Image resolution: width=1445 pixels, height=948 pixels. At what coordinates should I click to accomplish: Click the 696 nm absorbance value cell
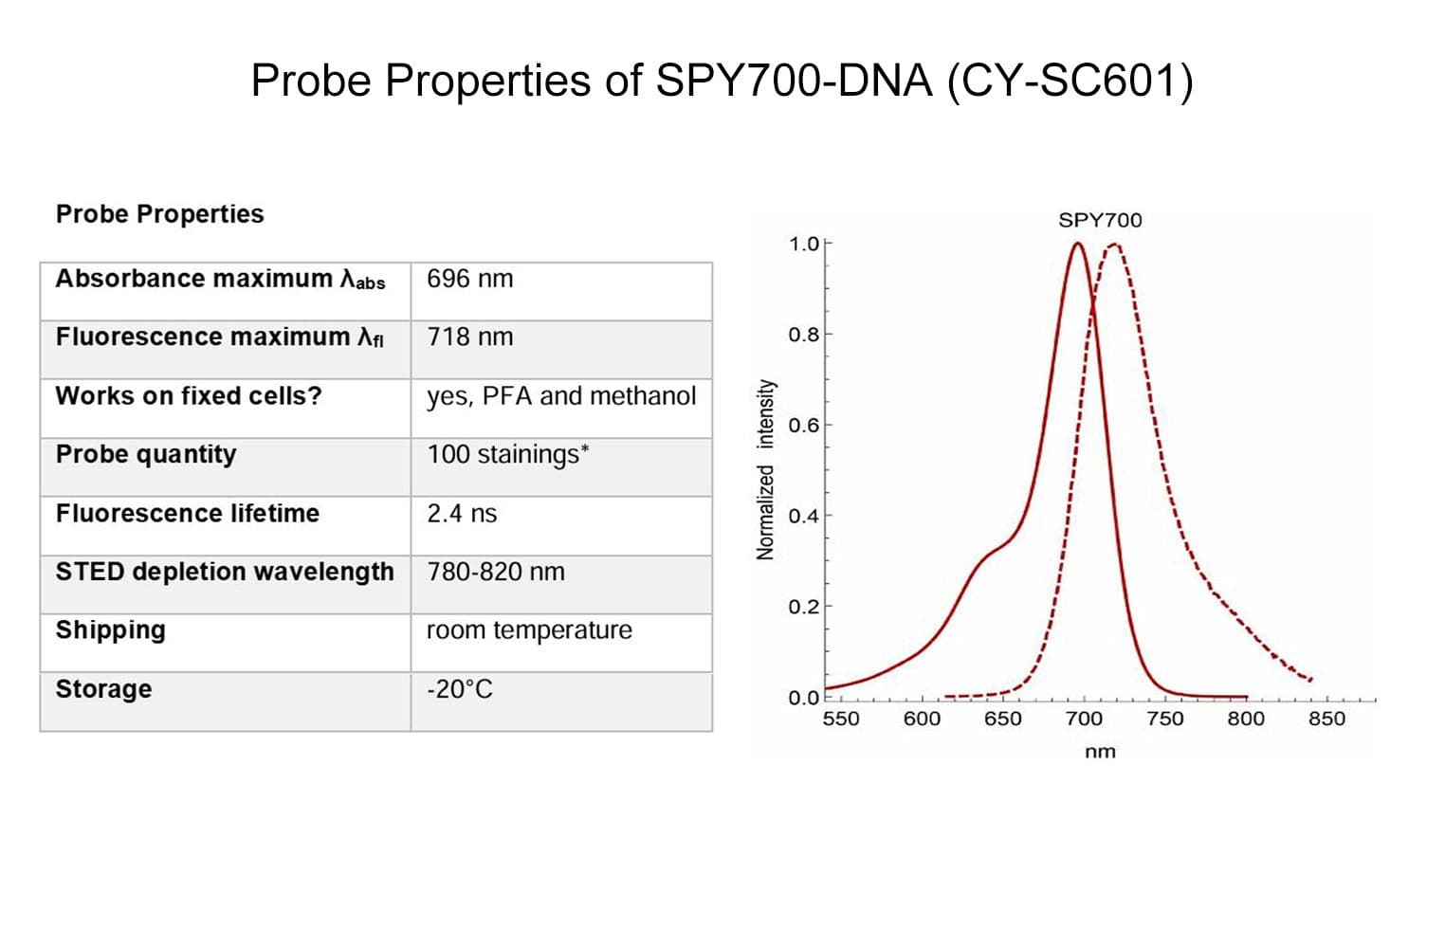pyautogui.click(x=469, y=279)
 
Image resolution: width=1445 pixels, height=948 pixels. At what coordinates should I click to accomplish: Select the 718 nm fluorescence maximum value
pyautogui.click(x=469, y=337)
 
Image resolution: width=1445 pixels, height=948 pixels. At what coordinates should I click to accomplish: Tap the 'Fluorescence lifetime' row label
pyautogui.click(x=188, y=514)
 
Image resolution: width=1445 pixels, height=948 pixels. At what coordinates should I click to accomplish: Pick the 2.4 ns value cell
pyautogui.click(x=462, y=514)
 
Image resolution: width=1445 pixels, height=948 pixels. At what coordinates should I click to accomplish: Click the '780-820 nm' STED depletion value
pyautogui.click(x=496, y=572)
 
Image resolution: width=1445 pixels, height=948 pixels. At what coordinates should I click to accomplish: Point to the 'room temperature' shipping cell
pyautogui.click(x=529, y=630)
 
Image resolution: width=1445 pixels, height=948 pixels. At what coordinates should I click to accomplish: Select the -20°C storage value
pyautogui.click(x=460, y=689)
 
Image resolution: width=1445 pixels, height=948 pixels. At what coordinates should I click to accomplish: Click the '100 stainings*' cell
pyautogui.click(x=507, y=455)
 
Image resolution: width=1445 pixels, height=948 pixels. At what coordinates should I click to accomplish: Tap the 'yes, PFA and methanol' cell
pyautogui.click(x=561, y=396)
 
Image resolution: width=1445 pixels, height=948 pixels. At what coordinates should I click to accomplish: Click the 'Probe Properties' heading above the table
pyautogui.click(x=159, y=214)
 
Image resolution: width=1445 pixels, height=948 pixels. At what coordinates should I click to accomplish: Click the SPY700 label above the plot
pyautogui.click(x=1100, y=220)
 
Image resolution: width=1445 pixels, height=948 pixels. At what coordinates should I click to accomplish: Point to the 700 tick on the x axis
pyautogui.click(x=1084, y=719)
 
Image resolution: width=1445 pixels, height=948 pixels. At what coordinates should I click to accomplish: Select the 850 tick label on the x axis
pyautogui.click(x=1326, y=719)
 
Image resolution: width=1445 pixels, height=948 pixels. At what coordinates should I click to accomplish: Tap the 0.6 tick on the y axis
pyautogui.click(x=804, y=425)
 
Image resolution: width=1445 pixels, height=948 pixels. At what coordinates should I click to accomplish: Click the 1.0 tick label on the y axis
pyautogui.click(x=804, y=245)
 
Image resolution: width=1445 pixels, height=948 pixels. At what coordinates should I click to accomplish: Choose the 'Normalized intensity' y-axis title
pyautogui.click(x=765, y=469)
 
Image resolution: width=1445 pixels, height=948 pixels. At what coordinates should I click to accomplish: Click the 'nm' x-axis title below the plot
pyautogui.click(x=1100, y=752)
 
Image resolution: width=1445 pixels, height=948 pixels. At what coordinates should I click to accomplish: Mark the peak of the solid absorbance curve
pyautogui.click(x=1077, y=244)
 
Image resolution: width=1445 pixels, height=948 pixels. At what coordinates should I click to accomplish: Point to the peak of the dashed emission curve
pyautogui.click(x=1116, y=245)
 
